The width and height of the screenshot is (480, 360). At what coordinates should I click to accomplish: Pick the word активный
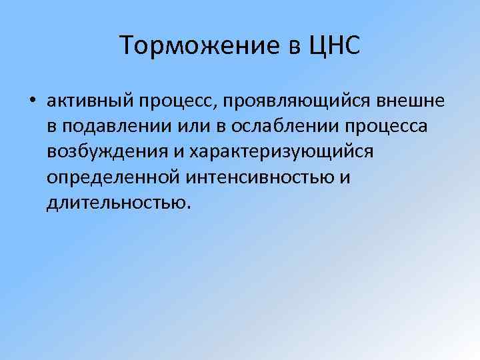coord(91,102)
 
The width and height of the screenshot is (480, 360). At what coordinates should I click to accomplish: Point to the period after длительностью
coord(189,206)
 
